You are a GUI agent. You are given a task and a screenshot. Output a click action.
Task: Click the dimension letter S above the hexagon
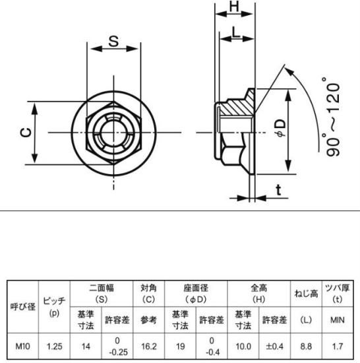113,42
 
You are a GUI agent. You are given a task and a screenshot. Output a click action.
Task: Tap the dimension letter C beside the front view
26,133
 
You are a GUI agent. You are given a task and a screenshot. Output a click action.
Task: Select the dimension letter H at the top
234,7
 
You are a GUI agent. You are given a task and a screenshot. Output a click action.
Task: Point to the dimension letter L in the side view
235,32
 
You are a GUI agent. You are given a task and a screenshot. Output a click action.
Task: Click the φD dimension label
281,128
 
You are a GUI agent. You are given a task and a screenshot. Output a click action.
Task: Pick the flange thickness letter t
279,190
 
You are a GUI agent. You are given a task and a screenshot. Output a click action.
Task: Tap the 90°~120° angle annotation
333,116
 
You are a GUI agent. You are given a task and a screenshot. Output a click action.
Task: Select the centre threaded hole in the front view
113,133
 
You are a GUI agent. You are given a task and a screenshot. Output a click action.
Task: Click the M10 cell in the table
22,346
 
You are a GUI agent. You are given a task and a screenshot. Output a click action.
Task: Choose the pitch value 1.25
55,346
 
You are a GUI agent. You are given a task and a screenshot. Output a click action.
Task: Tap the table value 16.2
148,346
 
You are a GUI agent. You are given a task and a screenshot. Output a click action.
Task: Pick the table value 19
181,346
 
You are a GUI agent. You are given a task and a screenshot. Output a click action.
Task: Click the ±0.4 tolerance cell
274,346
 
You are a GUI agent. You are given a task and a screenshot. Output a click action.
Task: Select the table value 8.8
306,346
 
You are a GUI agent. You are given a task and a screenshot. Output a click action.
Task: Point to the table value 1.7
338,346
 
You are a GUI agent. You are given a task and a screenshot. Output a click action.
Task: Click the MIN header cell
338,320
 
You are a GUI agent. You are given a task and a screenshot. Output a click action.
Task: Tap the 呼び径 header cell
23,307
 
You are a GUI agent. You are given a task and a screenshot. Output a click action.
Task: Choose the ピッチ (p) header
54,307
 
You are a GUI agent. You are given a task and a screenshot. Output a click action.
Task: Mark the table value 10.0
243,346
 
